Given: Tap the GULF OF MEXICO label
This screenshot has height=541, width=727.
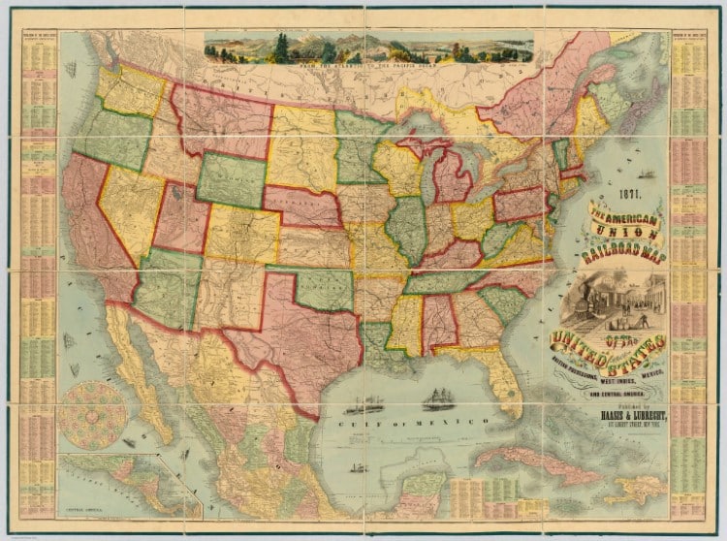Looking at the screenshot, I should [x=418, y=425].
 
